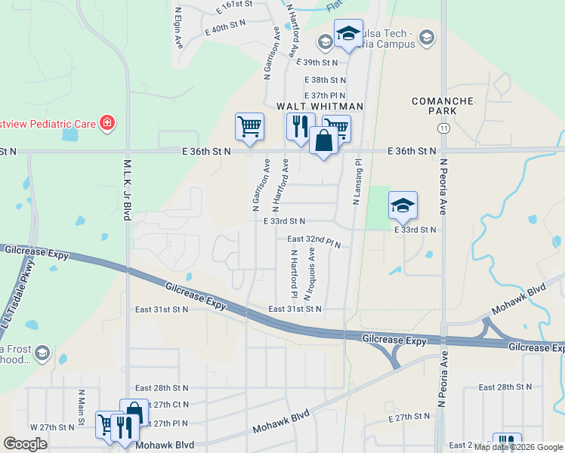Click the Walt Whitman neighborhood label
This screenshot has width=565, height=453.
coord(320,106)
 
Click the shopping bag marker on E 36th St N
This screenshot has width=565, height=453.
coord(323,141)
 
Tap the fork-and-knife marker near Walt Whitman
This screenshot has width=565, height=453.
coord(300,126)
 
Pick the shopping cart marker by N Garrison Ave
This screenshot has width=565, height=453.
coord(249,126)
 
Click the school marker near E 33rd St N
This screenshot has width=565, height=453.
coord(403,205)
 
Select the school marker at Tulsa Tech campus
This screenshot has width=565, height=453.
coord(348,34)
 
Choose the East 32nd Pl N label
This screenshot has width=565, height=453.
coord(314,239)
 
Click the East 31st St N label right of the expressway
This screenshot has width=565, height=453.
coord(295,309)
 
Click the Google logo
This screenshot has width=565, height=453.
coord(26,444)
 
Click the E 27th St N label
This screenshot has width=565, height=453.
coord(409,418)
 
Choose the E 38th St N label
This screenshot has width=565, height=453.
coord(326,79)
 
